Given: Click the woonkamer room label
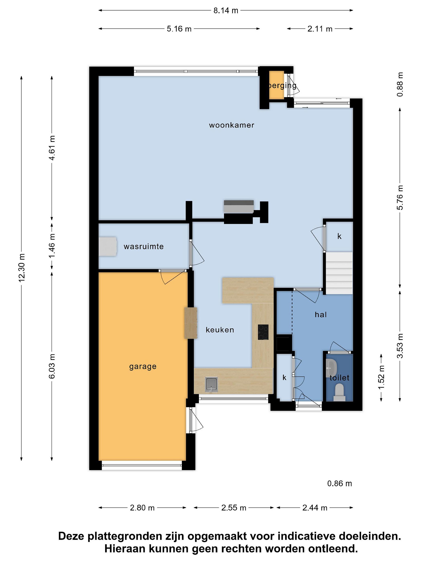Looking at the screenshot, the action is [x=231, y=125].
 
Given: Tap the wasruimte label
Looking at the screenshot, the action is [x=144, y=246].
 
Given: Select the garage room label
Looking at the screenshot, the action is [x=143, y=367].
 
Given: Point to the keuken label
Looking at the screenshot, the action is [x=220, y=330].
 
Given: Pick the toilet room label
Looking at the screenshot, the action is [x=339, y=378].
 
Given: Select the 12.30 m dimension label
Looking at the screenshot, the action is [x=22, y=268].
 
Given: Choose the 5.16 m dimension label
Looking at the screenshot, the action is [x=179, y=29].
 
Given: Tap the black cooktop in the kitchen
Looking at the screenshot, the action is [x=263, y=332].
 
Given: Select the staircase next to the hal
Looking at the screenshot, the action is [x=340, y=273].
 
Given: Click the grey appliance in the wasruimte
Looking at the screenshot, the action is [x=108, y=246].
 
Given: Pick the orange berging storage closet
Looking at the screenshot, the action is [x=276, y=85].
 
